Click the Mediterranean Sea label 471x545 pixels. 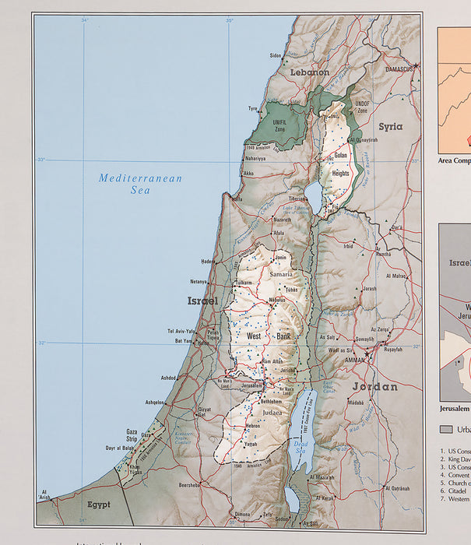click(140, 184)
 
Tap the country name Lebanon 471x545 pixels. click(309, 72)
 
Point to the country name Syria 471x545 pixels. click(390, 126)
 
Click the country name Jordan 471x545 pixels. click(374, 386)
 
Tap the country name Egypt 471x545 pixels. click(98, 504)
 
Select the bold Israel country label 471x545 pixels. click(202, 300)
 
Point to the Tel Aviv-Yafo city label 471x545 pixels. click(180, 331)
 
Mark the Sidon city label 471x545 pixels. click(276, 55)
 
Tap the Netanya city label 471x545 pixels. click(198, 281)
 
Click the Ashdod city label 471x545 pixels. click(169, 378)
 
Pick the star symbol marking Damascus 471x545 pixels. click(417, 65)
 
